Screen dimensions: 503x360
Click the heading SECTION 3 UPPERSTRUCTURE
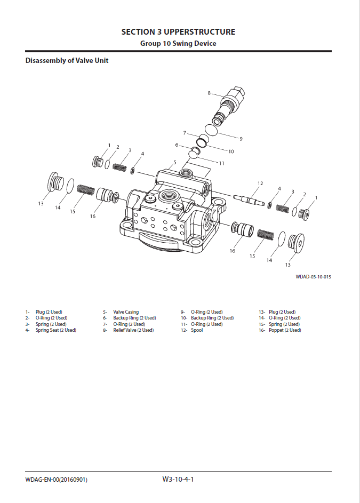[178, 32]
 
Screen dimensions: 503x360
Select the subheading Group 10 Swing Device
[178, 44]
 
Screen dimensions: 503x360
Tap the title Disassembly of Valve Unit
[67, 61]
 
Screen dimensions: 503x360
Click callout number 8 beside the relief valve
[209, 93]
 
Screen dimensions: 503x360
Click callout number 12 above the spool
[260, 183]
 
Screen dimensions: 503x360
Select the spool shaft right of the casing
[250, 200]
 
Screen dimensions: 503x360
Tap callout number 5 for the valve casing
[174, 162]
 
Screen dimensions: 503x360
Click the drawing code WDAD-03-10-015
[314, 277]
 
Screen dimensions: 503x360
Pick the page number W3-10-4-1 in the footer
[178, 480]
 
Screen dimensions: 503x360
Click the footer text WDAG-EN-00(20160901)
[57, 480]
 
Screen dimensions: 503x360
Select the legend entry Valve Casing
[126, 312]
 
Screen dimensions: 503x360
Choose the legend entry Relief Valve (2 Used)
[133, 330]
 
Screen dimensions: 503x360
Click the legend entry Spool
[197, 330]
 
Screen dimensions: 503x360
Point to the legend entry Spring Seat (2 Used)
[56, 330]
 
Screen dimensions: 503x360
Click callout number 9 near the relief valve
[241, 139]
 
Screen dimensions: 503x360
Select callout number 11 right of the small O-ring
[221, 163]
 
